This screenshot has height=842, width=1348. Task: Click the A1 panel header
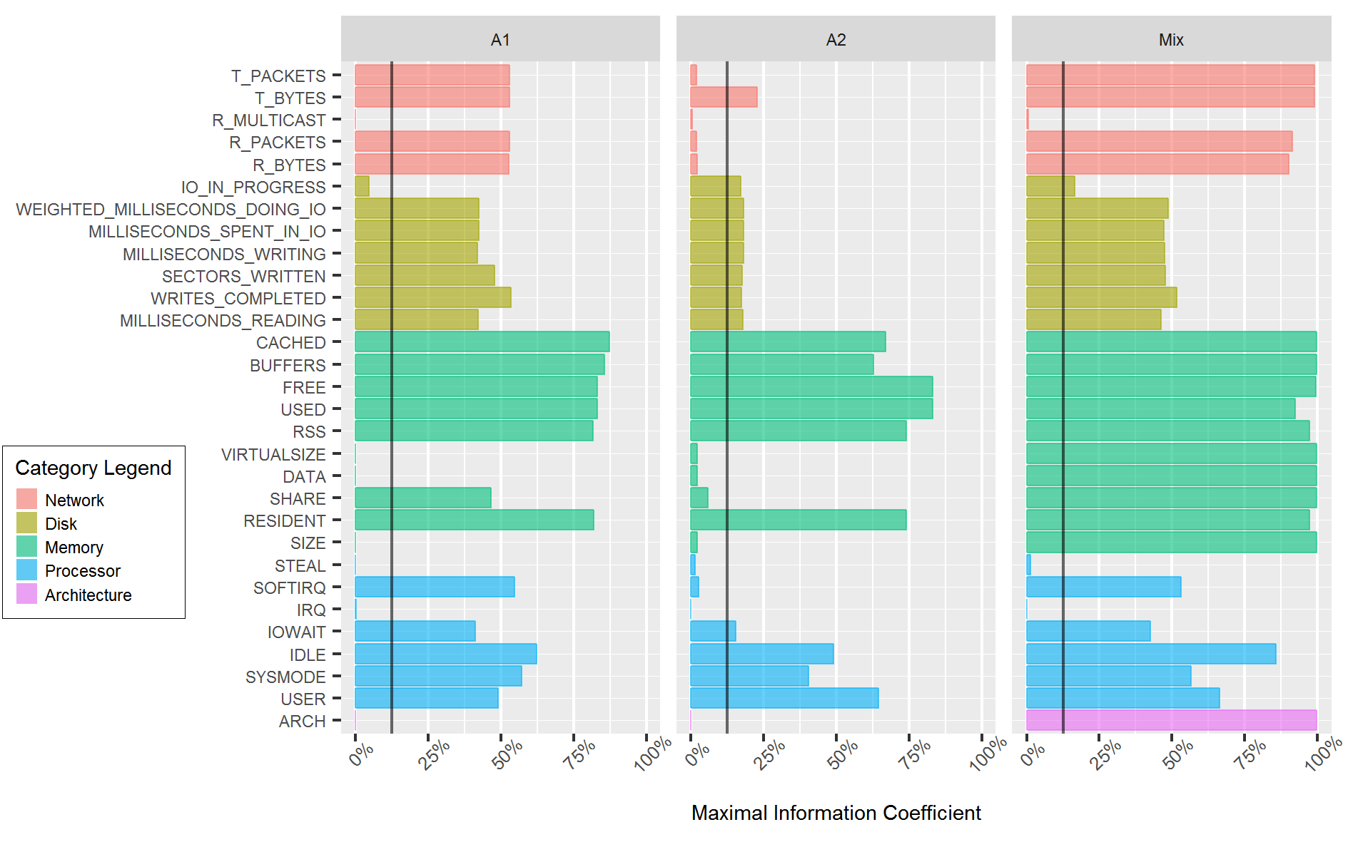point(500,40)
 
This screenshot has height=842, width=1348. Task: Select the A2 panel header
point(836,40)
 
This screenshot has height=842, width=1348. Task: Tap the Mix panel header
point(1171,40)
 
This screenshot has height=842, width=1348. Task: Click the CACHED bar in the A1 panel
point(482,342)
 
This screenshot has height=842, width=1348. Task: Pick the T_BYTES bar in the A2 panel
point(723,97)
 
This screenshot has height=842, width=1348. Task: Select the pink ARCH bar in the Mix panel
point(1171,720)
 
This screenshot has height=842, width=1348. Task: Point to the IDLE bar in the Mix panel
point(1150,654)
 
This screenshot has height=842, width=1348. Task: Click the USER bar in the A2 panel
point(784,698)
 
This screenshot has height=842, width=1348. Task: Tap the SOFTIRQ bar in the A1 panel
point(434,587)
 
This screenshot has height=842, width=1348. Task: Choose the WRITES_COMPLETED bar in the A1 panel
point(432,297)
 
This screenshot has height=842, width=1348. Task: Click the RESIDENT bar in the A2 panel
point(798,520)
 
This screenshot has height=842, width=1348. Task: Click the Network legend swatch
point(26,499)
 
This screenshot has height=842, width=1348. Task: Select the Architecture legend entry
point(88,595)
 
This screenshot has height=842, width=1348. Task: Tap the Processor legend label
point(82,571)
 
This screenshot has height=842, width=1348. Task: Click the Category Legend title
point(93,468)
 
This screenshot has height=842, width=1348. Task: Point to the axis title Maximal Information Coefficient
point(836,813)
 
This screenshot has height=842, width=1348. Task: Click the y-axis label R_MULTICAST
point(268,120)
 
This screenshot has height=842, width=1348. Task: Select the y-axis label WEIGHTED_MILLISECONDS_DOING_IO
point(171,210)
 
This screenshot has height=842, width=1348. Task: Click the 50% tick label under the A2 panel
point(843,754)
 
